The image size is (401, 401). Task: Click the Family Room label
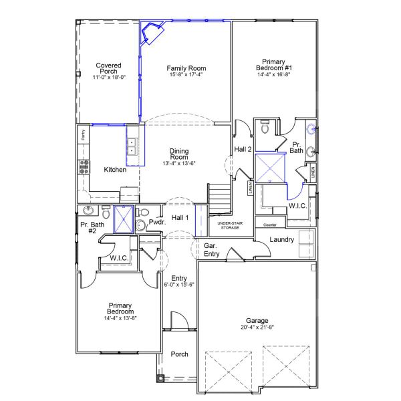[x=186, y=68]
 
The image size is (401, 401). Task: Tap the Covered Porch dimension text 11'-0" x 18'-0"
[x=108, y=78]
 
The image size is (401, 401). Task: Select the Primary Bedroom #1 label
[x=274, y=64]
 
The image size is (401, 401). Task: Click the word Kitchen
[x=115, y=170]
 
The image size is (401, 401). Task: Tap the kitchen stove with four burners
[x=85, y=166]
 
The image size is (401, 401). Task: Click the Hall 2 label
[x=243, y=149]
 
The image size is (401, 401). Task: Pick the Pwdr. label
[x=157, y=222]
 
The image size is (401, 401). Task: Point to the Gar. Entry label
[x=213, y=250]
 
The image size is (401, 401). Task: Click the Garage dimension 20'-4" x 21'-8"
[x=257, y=327]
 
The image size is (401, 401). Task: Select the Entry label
[x=178, y=278]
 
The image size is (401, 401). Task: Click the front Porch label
[x=180, y=354]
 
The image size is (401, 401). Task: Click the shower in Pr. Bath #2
[x=124, y=218]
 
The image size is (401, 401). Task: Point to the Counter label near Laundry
[x=270, y=225]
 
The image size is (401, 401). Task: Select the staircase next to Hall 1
[x=219, y=197]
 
